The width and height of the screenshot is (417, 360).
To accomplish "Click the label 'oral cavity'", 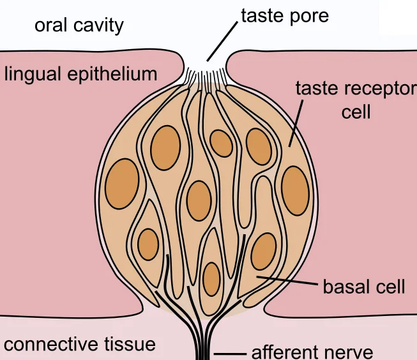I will (x=79, y=26).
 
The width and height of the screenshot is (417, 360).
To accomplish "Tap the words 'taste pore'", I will (x=284, y=15).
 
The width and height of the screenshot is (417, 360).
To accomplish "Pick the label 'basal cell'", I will (x=364, y=287).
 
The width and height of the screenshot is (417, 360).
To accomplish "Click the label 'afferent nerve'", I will (x=312, y=352).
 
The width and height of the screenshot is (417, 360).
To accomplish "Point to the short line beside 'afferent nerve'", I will (x=230, y=353).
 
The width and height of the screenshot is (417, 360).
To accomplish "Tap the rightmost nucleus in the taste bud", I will (x=295, y=190).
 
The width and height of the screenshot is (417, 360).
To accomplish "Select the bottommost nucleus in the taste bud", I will (x=211, y=278).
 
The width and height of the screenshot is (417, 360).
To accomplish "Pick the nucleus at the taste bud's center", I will (x=199, y=201).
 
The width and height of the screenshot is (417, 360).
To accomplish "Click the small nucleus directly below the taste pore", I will (x=221, y=143).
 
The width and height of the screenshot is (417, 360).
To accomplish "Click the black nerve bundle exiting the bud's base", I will (x=204, y=338).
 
